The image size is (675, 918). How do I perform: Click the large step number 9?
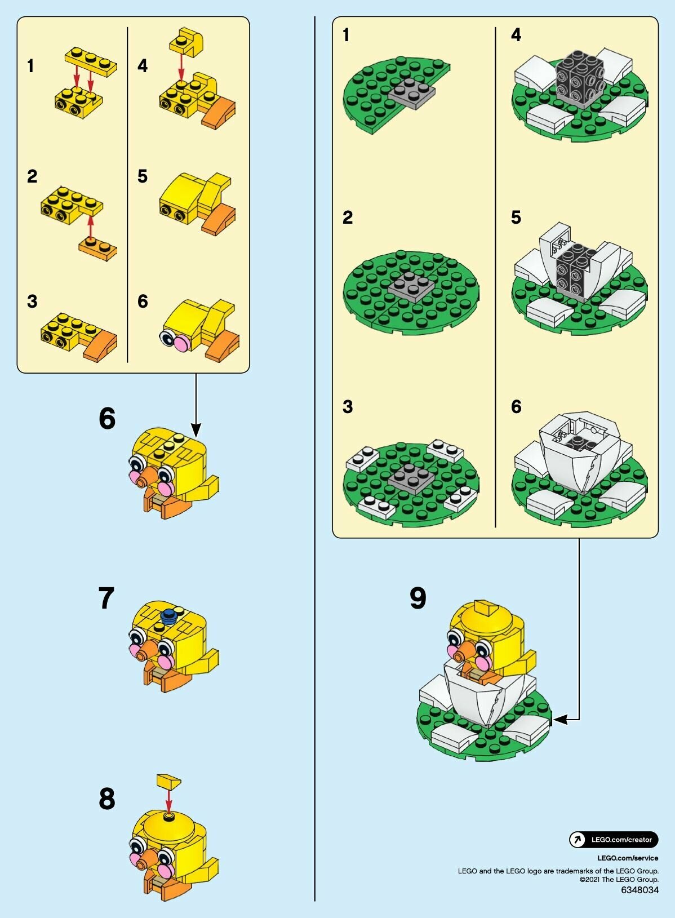click(418, 598)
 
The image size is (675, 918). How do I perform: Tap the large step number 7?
click(106, 598)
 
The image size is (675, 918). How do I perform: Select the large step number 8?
click(107, 799)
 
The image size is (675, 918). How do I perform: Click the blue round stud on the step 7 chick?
click(169, 615)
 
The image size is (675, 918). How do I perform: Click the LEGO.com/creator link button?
click(614, 840)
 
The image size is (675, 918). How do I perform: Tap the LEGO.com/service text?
click(628, 858)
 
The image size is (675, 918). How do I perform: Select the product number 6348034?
click(640, 890)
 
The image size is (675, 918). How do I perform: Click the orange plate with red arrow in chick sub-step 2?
click(97, 247)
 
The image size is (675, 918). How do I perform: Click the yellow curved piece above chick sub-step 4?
click(187, 41)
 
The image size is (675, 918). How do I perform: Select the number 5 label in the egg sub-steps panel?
click(516, 217)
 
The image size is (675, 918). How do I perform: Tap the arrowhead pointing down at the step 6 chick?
click(196, 431)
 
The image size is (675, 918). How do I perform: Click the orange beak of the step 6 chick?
click(148, 478)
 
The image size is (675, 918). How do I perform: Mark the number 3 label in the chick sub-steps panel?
click(32, 301)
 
